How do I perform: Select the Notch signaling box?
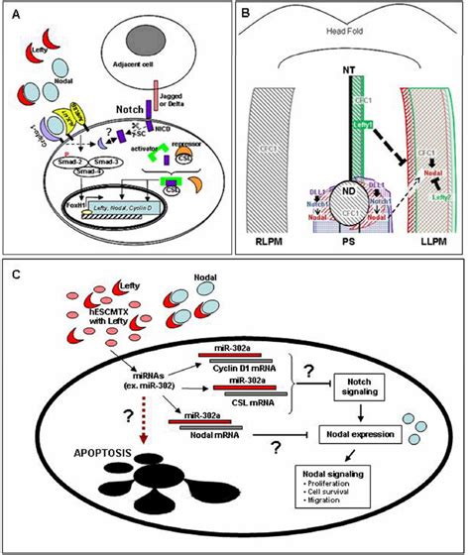point(358,388)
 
